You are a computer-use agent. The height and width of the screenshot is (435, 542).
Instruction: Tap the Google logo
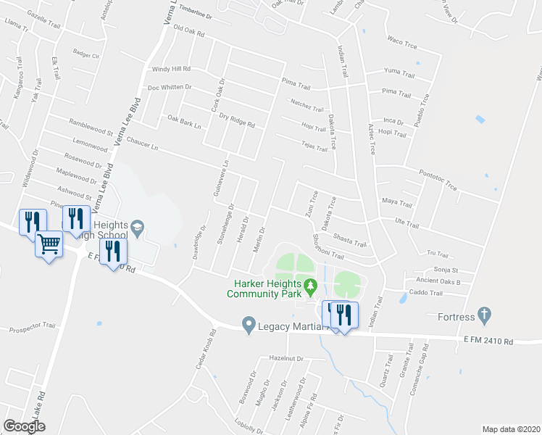click(x=24, y=426)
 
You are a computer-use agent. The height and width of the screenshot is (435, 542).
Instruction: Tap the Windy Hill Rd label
click(x=170, y=69)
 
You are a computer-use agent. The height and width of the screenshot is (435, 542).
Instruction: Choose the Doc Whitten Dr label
click(x=169, y=87)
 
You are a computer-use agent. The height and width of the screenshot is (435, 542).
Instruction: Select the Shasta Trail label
click(x=350, y=239)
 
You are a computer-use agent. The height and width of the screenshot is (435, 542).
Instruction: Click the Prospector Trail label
click(x=31, y=330)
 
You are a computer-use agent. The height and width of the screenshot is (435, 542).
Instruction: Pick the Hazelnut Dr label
click(x=284, y=358)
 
